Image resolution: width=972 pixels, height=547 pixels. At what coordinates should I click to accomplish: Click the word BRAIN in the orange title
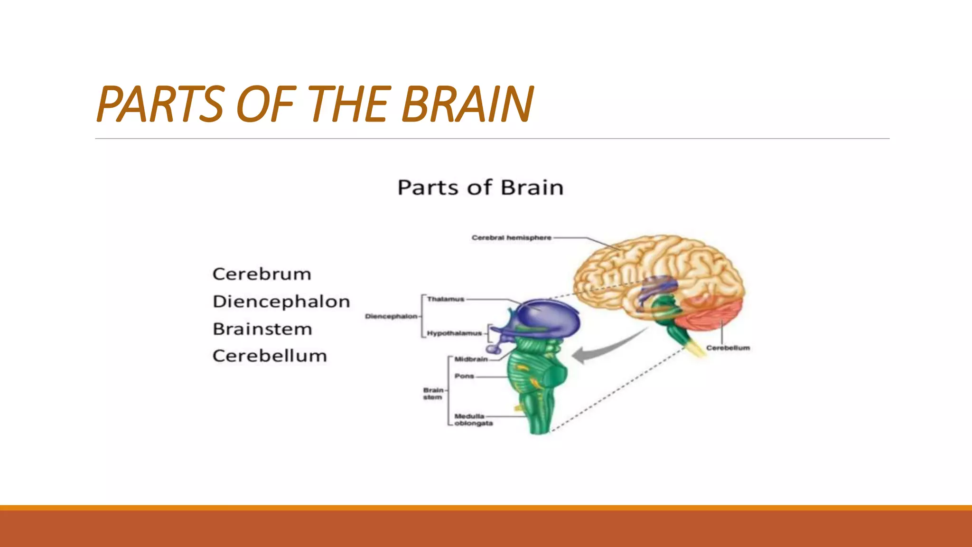pos(467,104)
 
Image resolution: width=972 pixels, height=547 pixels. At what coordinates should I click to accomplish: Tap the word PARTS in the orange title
pos(160,104)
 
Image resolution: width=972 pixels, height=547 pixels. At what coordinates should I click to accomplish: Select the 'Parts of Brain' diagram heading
pos(480,188)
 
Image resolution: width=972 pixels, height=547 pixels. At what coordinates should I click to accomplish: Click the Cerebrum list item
pos(262,274)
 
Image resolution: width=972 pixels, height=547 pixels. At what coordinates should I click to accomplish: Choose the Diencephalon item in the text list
pos(281,302)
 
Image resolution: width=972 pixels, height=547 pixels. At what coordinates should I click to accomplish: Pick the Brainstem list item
pos(262,329)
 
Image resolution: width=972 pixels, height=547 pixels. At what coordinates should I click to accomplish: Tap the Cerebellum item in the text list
pos(270,356)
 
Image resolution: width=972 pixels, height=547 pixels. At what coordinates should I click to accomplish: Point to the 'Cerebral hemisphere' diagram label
pos(511,237)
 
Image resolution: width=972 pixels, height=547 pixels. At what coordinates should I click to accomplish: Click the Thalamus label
pos(445,299)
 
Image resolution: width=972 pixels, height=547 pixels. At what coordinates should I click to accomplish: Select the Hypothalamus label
pos(454,333)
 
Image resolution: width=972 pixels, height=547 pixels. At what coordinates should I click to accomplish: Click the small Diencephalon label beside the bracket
pos(391,316)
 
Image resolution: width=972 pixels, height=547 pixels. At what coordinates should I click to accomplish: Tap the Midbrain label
pos(471,359)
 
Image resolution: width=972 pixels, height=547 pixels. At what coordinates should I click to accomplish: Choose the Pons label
pos(464,376)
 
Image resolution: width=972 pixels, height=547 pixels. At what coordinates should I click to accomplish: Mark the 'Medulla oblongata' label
pos(473,420)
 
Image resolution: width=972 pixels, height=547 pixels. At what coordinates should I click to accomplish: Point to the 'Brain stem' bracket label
pos(433,394)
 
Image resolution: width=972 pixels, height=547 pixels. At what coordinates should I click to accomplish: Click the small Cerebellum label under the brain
pos(728,348)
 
